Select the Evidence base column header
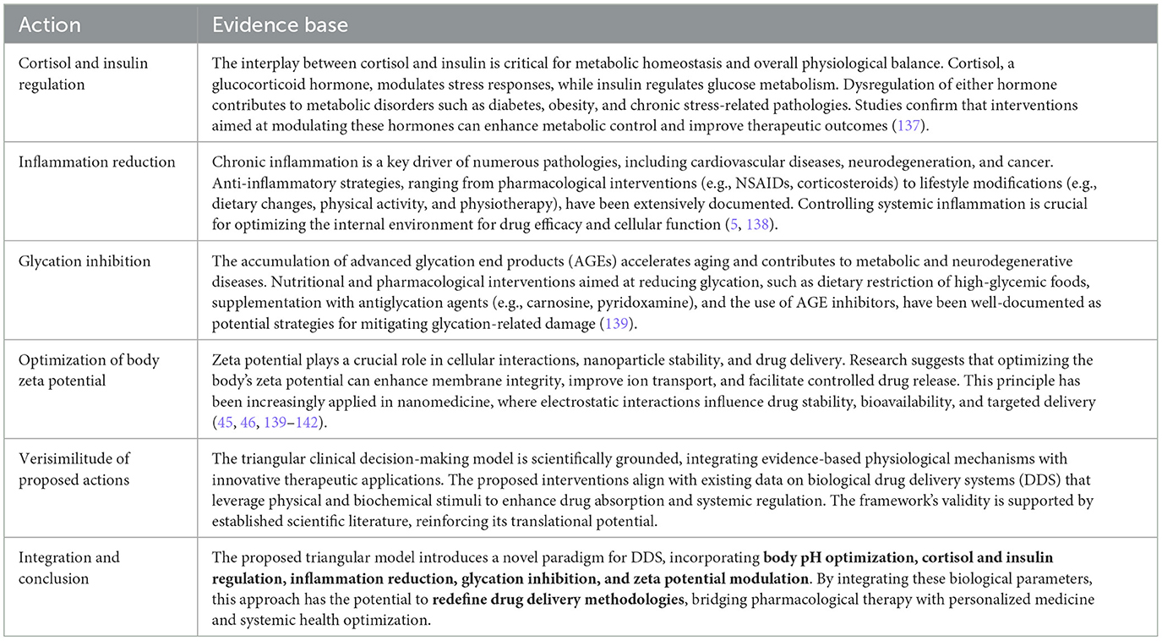[x=280, y=25]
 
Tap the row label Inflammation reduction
[x=96, y=162]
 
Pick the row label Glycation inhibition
[x=85, y=261]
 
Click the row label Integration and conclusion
[x=69, y=567]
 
